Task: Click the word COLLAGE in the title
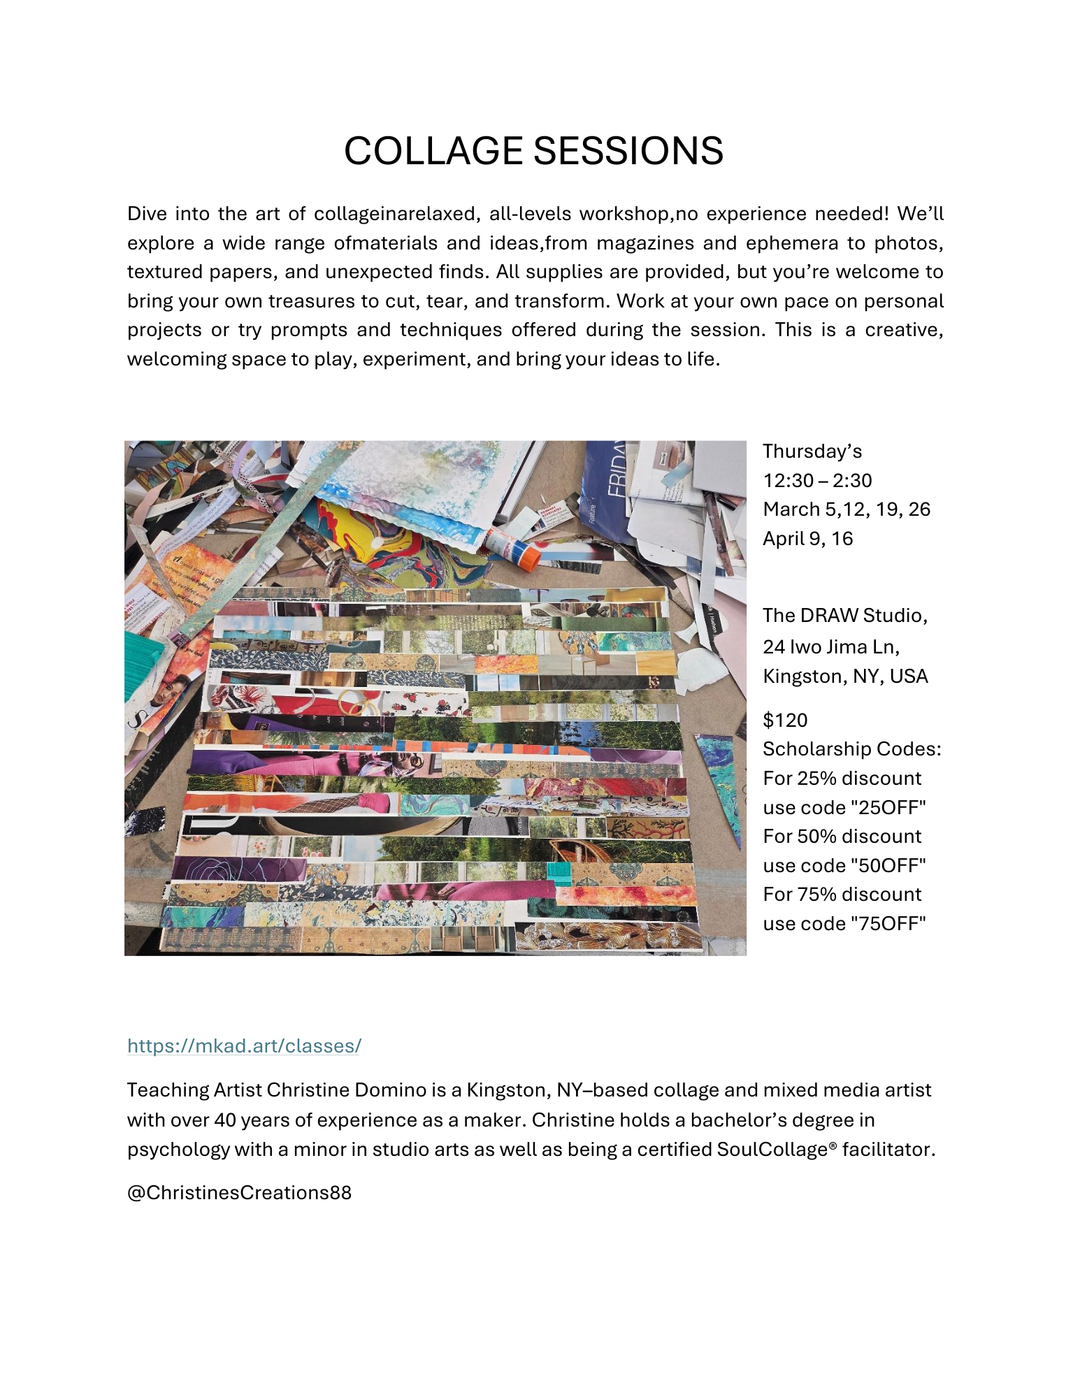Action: coord(433,151)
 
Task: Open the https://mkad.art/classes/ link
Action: coord(244,1045)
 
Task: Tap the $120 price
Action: coord(785,720)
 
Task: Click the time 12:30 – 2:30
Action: coord(817,480)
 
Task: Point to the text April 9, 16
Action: coord(807,538)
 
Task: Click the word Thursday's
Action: coord(812,451)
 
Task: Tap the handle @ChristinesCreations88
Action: coord(239,1192)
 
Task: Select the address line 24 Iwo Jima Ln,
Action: coord(830,646)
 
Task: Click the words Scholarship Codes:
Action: coord(851,749)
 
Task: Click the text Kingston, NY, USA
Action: coord(845,676)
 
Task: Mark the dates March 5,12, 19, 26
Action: coord(847,509)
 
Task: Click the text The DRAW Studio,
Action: coord(844,615)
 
